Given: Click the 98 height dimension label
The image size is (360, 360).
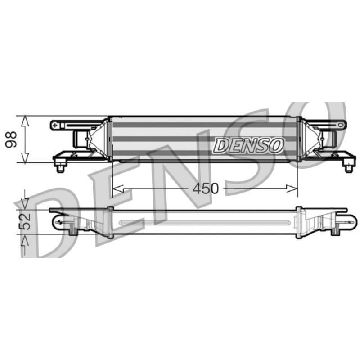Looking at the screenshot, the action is coord(11,139).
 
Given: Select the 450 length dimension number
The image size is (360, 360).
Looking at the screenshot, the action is coord(206,189).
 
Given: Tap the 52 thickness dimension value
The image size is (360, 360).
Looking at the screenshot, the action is coord(25,222).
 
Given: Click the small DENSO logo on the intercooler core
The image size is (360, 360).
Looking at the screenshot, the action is coord(249,145).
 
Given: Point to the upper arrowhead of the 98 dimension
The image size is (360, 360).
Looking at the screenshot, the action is coord(25,121).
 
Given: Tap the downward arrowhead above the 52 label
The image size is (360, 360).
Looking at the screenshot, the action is coord(25,204).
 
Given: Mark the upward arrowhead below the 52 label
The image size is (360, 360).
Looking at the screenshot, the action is coord(25,240).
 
